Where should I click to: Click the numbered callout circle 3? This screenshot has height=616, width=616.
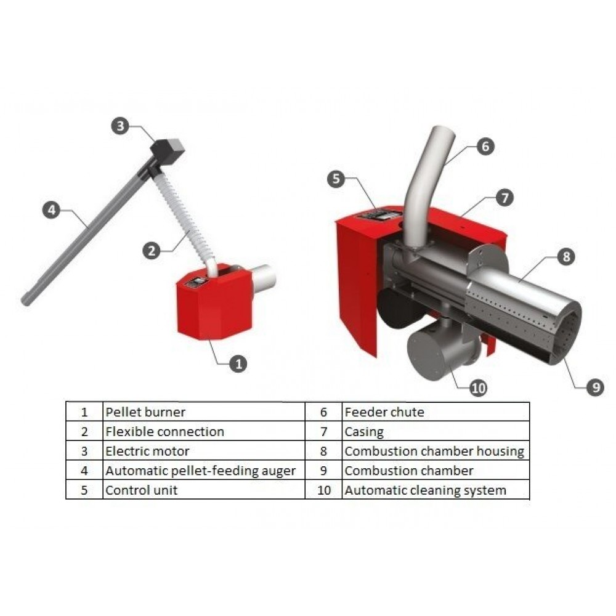coord(120,126)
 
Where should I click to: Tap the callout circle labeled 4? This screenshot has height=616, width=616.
coord(52,210)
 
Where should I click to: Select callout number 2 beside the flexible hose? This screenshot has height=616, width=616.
coord(152,251)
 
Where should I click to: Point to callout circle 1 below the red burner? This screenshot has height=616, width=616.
coord(238,364)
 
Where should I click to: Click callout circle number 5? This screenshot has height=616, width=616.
coord(336,179)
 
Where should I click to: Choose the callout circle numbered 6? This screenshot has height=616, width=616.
coord(485,146)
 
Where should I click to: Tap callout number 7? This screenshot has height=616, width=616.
coord(505,198)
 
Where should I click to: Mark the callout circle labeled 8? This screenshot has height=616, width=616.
coord(566,256)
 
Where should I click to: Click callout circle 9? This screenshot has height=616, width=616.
coord(596,387)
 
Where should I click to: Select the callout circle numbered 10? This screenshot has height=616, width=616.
coord(478,388)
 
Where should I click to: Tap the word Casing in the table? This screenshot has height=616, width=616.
coord(364,432)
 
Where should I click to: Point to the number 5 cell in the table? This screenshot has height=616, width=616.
coord(84,490)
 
